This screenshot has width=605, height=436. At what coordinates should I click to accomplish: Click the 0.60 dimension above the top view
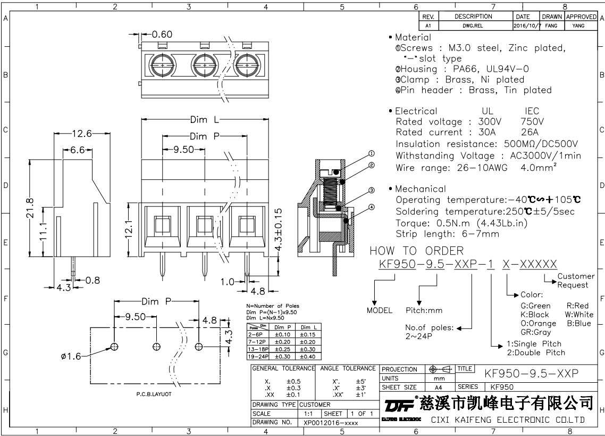pyautogui.click(x=162, y=35)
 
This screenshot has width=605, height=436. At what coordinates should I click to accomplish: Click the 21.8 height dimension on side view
pyautogui.click(x=30, y=208)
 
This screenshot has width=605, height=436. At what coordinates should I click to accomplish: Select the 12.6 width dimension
pyautogui.click(x=82, y=134)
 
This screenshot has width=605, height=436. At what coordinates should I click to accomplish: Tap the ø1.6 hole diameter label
pyautogui.click(x=71, y=356)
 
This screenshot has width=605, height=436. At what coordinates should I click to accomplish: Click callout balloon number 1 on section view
pyautogui.click(x=372, y=153)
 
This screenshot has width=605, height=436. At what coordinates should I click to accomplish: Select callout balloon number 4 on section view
pyautogui.click(x=372, y=207)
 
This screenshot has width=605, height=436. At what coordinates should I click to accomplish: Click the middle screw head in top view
pyautogui.click(x=205, y=65)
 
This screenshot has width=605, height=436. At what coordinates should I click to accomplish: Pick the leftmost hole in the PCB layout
pyautogui.click(x=114, y=347)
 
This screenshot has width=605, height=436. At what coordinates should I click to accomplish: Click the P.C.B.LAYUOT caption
pyautogui.click(x=154, y=394)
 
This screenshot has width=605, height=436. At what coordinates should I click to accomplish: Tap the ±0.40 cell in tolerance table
pyautogui.click(x=307, y=356)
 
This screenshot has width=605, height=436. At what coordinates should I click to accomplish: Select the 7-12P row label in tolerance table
pyautogui.click(x=257, y=342)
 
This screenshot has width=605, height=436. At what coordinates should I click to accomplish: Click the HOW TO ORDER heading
pyautogui.click(x=417, y=251)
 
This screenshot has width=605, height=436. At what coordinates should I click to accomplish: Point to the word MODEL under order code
pyautogui.click(x=380, y=310)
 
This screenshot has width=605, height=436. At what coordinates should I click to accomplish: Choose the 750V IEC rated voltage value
pyautogui.click(x=532, y=122)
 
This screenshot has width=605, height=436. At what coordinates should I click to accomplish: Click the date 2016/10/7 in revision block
pyautogui.click(x=527, y=26)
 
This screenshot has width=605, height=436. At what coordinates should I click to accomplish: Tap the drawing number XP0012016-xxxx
pyautogui.click(x=331, y=423)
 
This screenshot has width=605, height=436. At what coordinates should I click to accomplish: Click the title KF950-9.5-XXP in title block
pyautogui.click(x=531, y=374)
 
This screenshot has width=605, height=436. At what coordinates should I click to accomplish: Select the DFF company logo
pyautogui.click(x=399, y=405)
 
